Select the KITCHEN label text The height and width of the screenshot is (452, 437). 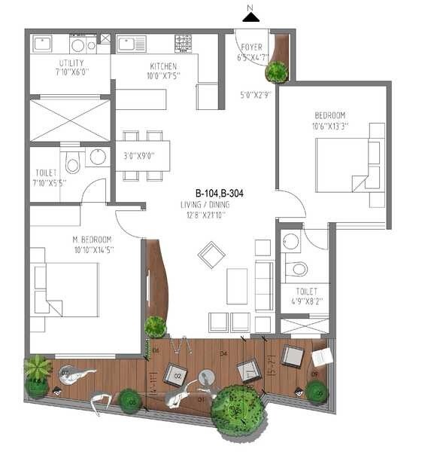point(162,66)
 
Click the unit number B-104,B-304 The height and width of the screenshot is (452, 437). point(220,193)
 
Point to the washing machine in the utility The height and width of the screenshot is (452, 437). point(77,44)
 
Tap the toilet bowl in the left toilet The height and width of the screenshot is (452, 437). point(72,163)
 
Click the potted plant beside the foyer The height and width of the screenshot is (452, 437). point(277,72)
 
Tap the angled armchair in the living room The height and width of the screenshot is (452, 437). point(212,255)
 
